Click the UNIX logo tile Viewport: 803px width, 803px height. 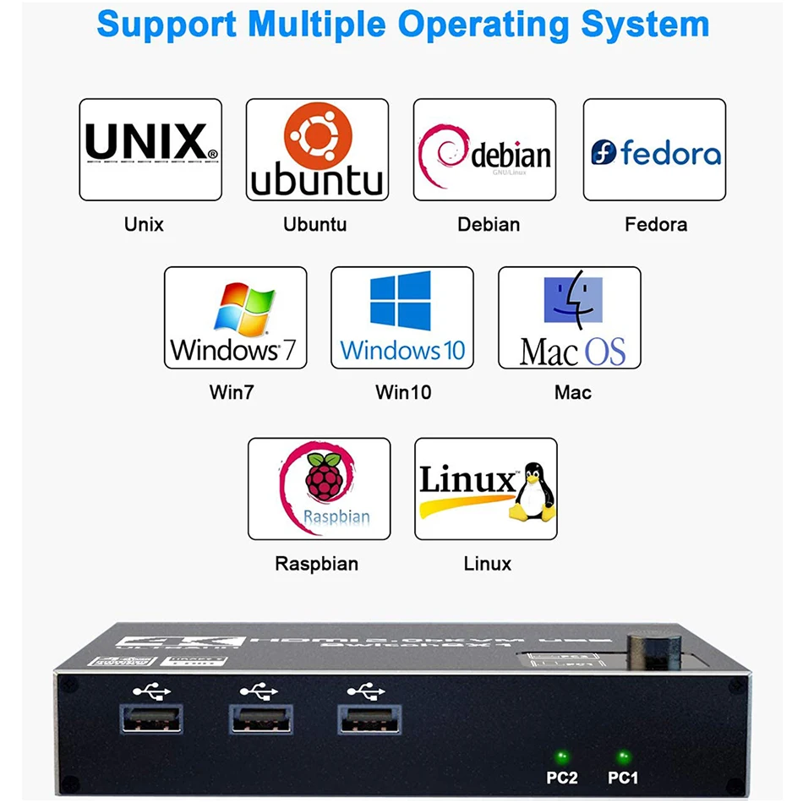coord(150,149)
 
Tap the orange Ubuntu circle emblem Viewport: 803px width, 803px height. coord(317,134)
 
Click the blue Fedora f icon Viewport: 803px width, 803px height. coord(604,152)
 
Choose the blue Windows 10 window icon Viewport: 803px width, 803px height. coord(401,301)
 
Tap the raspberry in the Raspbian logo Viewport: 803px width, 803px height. coord(324,477)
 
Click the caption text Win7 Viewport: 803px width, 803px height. coord(231,392)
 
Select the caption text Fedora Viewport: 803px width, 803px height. coord(655,225)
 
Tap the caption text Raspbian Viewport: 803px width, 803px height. coord(316,564)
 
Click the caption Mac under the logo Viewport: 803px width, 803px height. coord(572,392)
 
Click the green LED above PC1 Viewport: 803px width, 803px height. coord(623,756)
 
